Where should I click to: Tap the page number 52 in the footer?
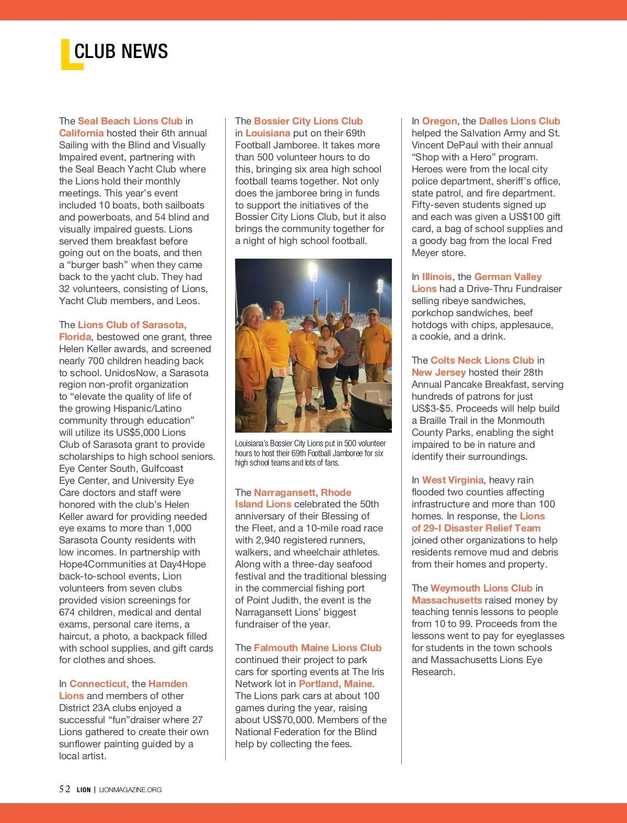65,789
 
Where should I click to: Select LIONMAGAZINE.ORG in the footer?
130,790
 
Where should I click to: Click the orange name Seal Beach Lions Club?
130,121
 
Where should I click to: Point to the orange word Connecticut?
98,684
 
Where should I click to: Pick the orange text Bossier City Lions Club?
308,121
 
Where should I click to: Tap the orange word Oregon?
439,121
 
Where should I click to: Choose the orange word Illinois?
437,277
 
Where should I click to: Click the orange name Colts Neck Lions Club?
482,361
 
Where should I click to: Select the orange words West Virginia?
452,480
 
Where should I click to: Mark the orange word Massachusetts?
447,600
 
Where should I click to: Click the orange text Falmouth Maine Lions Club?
318,648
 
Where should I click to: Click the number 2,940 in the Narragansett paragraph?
276,540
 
